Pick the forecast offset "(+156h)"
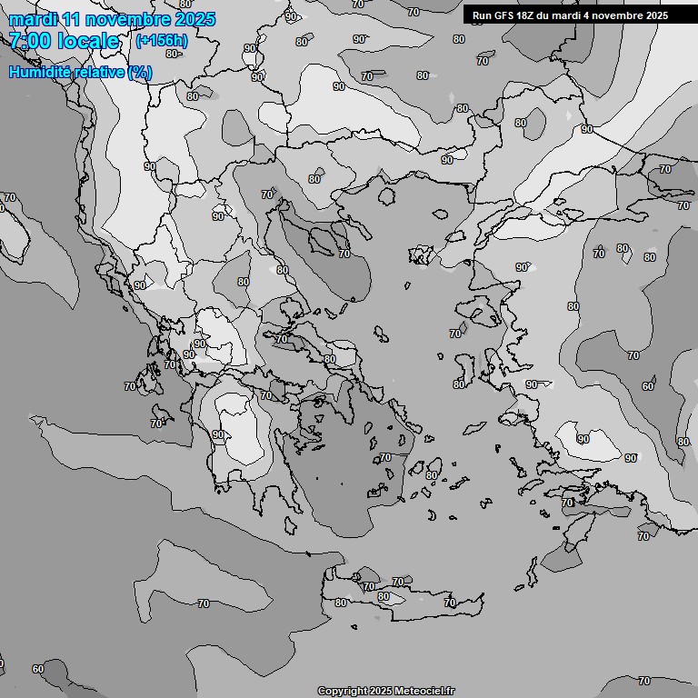tap(161, 41)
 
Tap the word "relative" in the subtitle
tap(100, 72)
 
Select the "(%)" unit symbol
tap(140, 72)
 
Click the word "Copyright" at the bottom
tap(343, 691)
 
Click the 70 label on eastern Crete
tap(450, 603)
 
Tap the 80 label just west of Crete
tap(340, 602)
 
